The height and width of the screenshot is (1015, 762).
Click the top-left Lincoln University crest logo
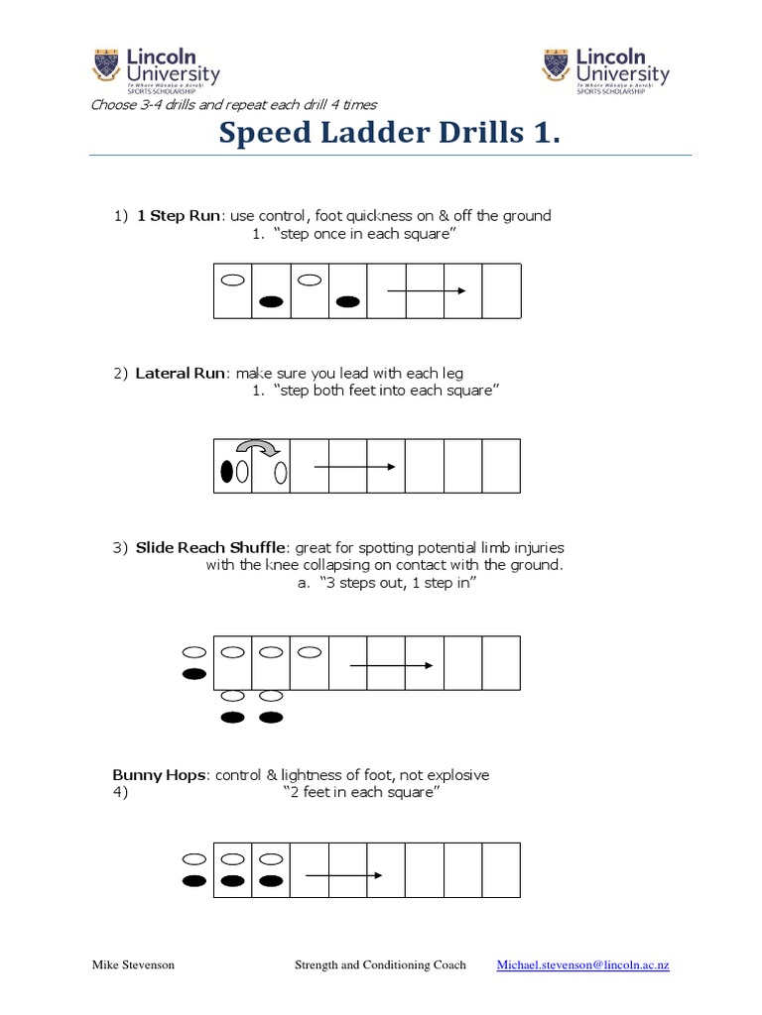click(x=110, y=67)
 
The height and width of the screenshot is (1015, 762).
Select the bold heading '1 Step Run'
click(x=179, y=215)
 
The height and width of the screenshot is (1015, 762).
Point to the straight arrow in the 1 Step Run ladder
click(x=426, y=290)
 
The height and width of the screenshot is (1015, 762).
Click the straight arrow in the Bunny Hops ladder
click(x=343, y=875)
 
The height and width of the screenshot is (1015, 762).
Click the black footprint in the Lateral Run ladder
click(x=226, y=473)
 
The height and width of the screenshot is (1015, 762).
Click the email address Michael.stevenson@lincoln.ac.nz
click(x=583, y=964)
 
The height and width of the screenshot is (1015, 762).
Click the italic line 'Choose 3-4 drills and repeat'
click(x=233, y=104)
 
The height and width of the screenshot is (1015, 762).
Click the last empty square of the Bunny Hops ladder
click(x=501, y=869)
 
